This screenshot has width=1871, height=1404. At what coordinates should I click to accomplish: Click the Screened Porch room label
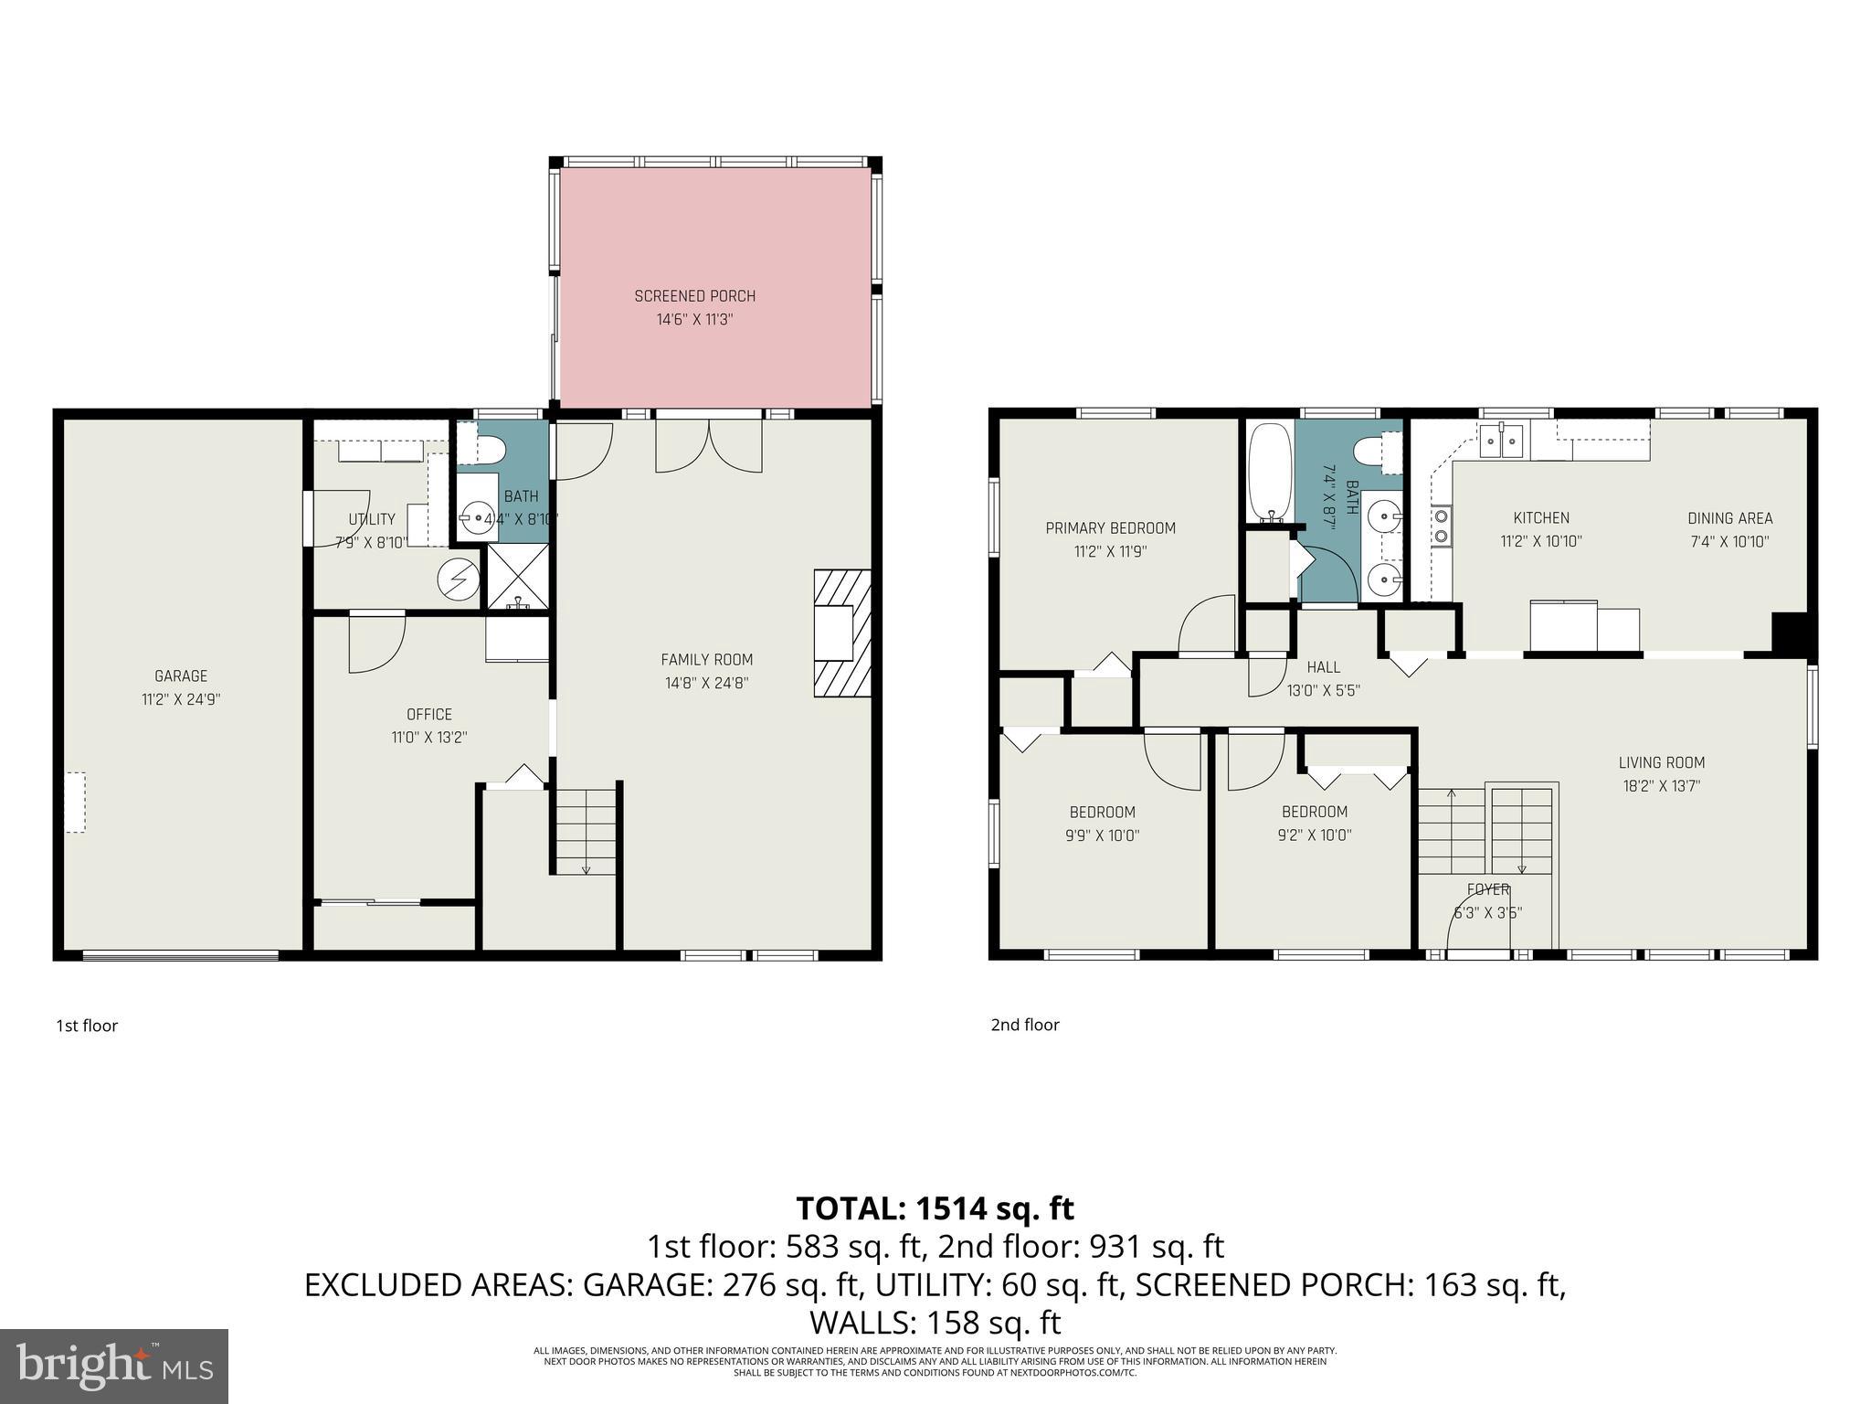(694, 296)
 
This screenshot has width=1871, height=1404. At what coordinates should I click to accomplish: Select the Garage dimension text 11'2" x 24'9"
(181, 700)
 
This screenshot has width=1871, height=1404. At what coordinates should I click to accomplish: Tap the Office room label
(428, 715)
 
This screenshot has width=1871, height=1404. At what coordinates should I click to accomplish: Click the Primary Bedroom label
(1110, 528)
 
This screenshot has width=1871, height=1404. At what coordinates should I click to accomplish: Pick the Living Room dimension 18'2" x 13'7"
(1661, 786)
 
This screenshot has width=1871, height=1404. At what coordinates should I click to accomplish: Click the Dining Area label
(1729, 518)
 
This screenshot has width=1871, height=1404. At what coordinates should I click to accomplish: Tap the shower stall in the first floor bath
(518, 577)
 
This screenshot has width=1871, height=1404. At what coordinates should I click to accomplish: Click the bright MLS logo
(114, 1366)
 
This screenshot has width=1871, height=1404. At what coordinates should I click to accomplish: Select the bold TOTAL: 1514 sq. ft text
(935, 1208)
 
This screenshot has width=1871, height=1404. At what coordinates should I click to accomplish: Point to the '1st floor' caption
(87, 1026)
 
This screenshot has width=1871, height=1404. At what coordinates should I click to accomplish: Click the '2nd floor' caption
(1025, 1025)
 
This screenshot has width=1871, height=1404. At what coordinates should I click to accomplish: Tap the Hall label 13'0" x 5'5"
(1323, 679)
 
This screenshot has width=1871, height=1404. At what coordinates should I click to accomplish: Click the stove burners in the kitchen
(1442, 525)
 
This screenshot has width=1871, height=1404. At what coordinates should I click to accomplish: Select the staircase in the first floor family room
(586, 830)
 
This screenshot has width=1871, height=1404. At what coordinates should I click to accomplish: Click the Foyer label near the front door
(1487, 889)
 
